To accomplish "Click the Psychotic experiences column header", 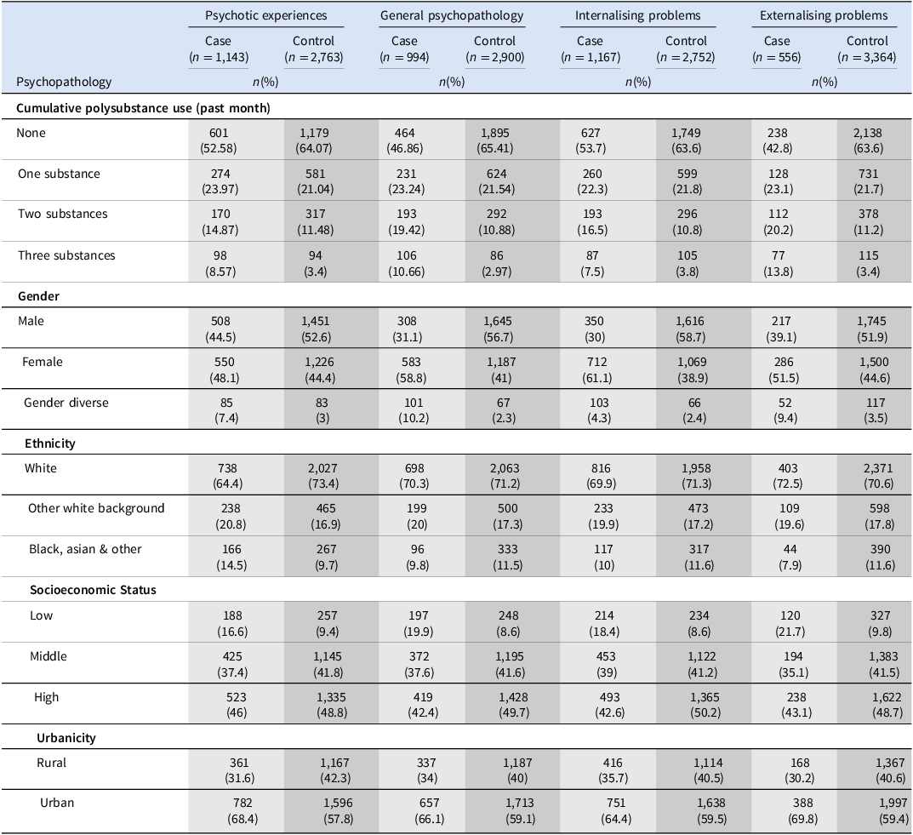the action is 265,15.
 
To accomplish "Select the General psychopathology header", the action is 452,15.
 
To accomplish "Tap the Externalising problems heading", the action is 824,15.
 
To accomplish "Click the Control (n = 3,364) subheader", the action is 867,49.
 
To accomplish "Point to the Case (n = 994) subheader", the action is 404,49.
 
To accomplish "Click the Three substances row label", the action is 66,255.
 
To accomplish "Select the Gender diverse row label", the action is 66,403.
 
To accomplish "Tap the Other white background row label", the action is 96,508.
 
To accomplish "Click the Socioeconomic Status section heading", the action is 93,590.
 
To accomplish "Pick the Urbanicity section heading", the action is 66,738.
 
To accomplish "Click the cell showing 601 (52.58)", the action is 219,140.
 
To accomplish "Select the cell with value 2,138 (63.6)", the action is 868,140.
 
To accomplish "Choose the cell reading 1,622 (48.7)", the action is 887,705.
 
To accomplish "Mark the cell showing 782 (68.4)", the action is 243,810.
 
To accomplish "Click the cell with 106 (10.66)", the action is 407,263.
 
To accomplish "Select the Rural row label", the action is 51,763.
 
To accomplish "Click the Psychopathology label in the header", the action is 64,82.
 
